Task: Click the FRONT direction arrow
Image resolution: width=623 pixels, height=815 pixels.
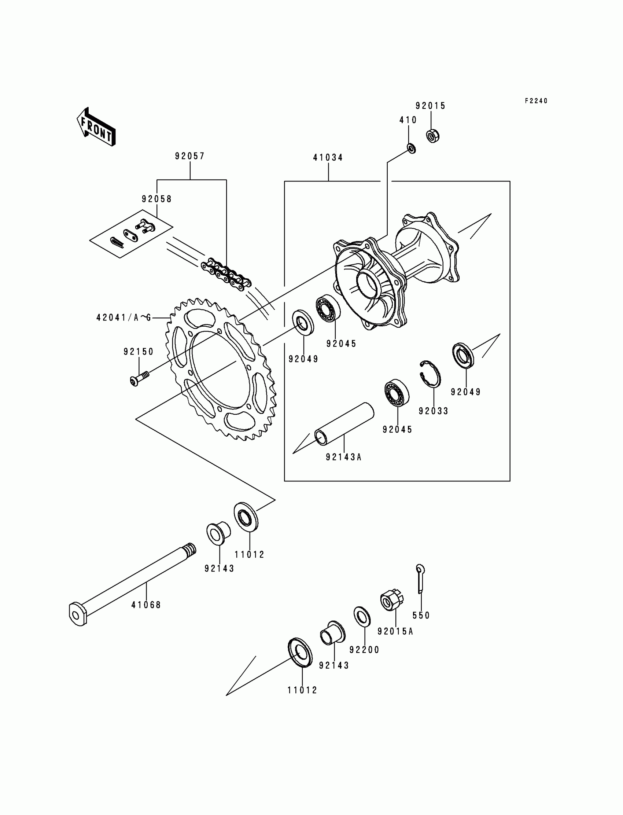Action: [x=96, y=127]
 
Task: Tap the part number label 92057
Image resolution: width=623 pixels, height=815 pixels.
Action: [x=190, y=156]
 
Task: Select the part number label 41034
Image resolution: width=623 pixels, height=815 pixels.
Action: [x=328, y=158]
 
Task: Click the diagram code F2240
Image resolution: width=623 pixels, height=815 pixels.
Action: [x=536, y=101]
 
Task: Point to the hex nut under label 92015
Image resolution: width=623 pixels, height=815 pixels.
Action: [x=433, y=136]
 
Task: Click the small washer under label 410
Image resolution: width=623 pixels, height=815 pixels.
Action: [x=411, y=148]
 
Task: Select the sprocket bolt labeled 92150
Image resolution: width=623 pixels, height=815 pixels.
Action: [x=139, y=379]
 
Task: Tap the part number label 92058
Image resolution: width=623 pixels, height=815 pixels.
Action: [x=157, y=199]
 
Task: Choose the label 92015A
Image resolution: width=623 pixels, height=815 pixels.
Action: [x=395, y=631]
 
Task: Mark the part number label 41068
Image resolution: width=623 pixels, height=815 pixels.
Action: [x=146, y=605]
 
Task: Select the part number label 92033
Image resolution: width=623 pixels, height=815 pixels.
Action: [x=434, y=411]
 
